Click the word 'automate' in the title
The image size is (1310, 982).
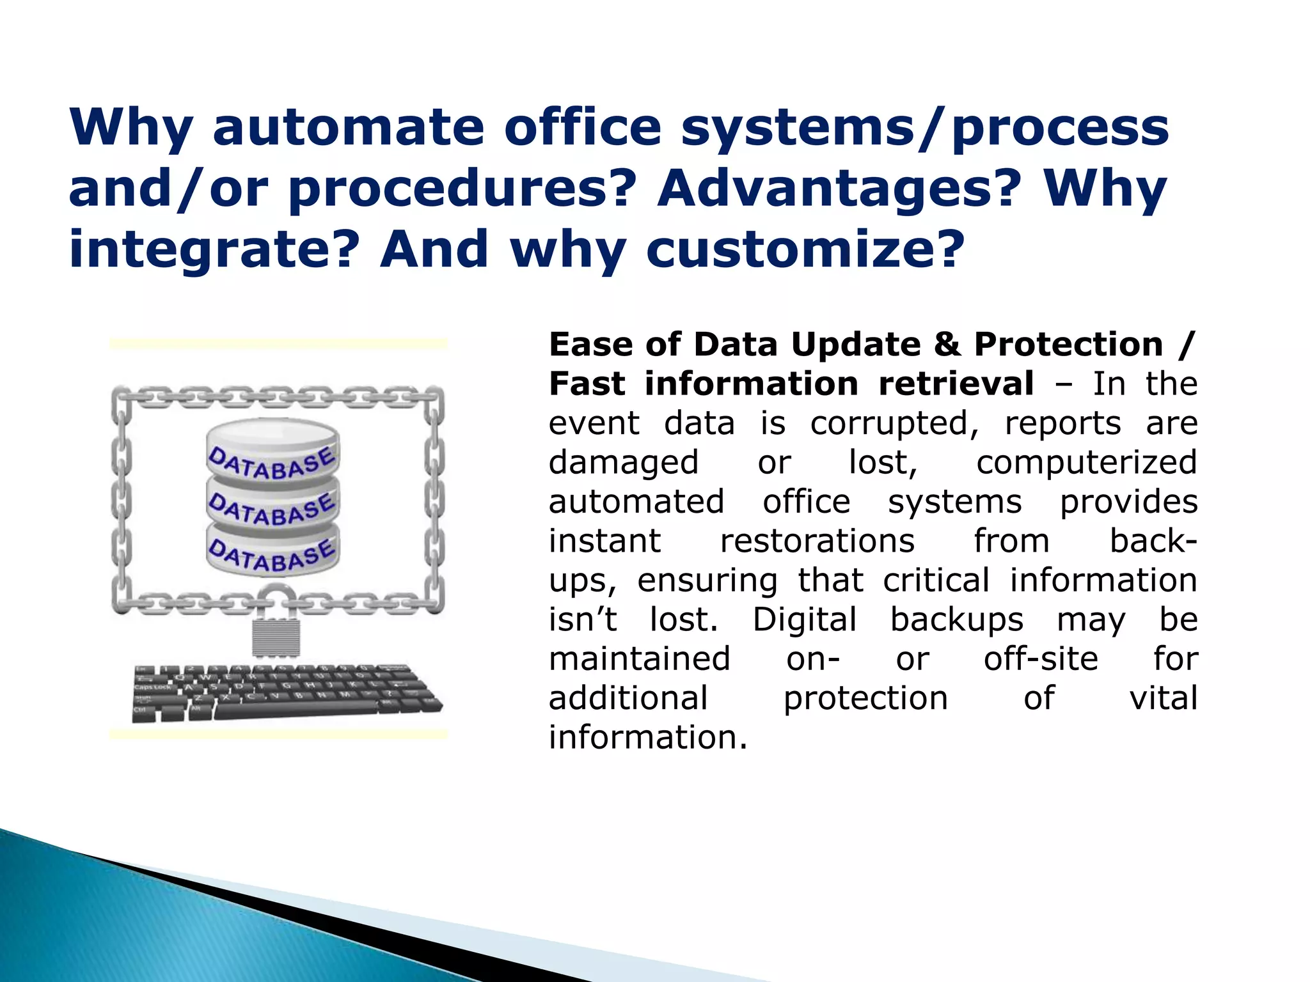click(x=349, y=128)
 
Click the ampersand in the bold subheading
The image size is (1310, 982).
click(x=947, y=345)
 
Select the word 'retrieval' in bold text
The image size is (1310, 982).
click(x=956, y=384)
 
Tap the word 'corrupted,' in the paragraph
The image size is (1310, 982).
click(x=895, y=424)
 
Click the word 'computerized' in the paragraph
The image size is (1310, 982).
click(x=1086, y=463)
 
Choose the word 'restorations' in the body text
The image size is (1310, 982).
click(x=817, y=542)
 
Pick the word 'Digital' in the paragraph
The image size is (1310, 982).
click(x=804, y=620)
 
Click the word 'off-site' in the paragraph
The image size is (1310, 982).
click(x=1041, y=659)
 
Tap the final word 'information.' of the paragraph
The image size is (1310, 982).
click(x=648, y=738)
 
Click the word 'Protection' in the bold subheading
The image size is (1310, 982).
click(x=1068, y=345)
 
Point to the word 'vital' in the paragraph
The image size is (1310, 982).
click(x=1163, y=698)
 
